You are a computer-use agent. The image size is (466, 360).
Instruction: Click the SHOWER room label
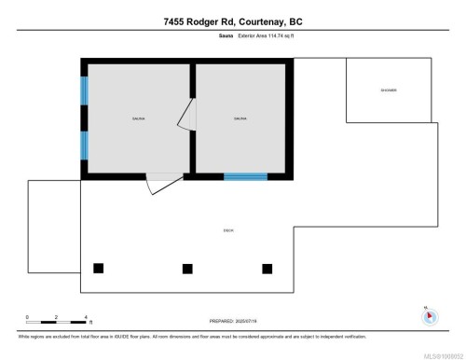click(388, 90)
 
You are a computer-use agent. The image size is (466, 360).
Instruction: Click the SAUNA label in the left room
click(138, 118)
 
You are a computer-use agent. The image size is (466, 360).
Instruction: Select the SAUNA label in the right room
click(240, 118)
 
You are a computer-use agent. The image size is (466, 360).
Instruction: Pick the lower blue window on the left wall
click(84, 145)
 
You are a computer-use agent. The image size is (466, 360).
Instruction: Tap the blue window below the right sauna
click(245, 176)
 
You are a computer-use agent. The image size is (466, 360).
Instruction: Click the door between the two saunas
click(187, 116)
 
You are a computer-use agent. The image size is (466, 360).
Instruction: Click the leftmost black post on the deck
click(99, 269)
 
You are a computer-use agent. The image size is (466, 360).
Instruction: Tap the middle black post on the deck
click(187, 269)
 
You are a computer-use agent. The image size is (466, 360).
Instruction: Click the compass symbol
click(429, 316)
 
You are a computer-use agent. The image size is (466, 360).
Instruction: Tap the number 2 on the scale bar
click(56, 317)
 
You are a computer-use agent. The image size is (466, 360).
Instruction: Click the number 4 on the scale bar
click(85, 317)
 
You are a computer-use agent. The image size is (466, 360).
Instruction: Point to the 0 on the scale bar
click(27, 317)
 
